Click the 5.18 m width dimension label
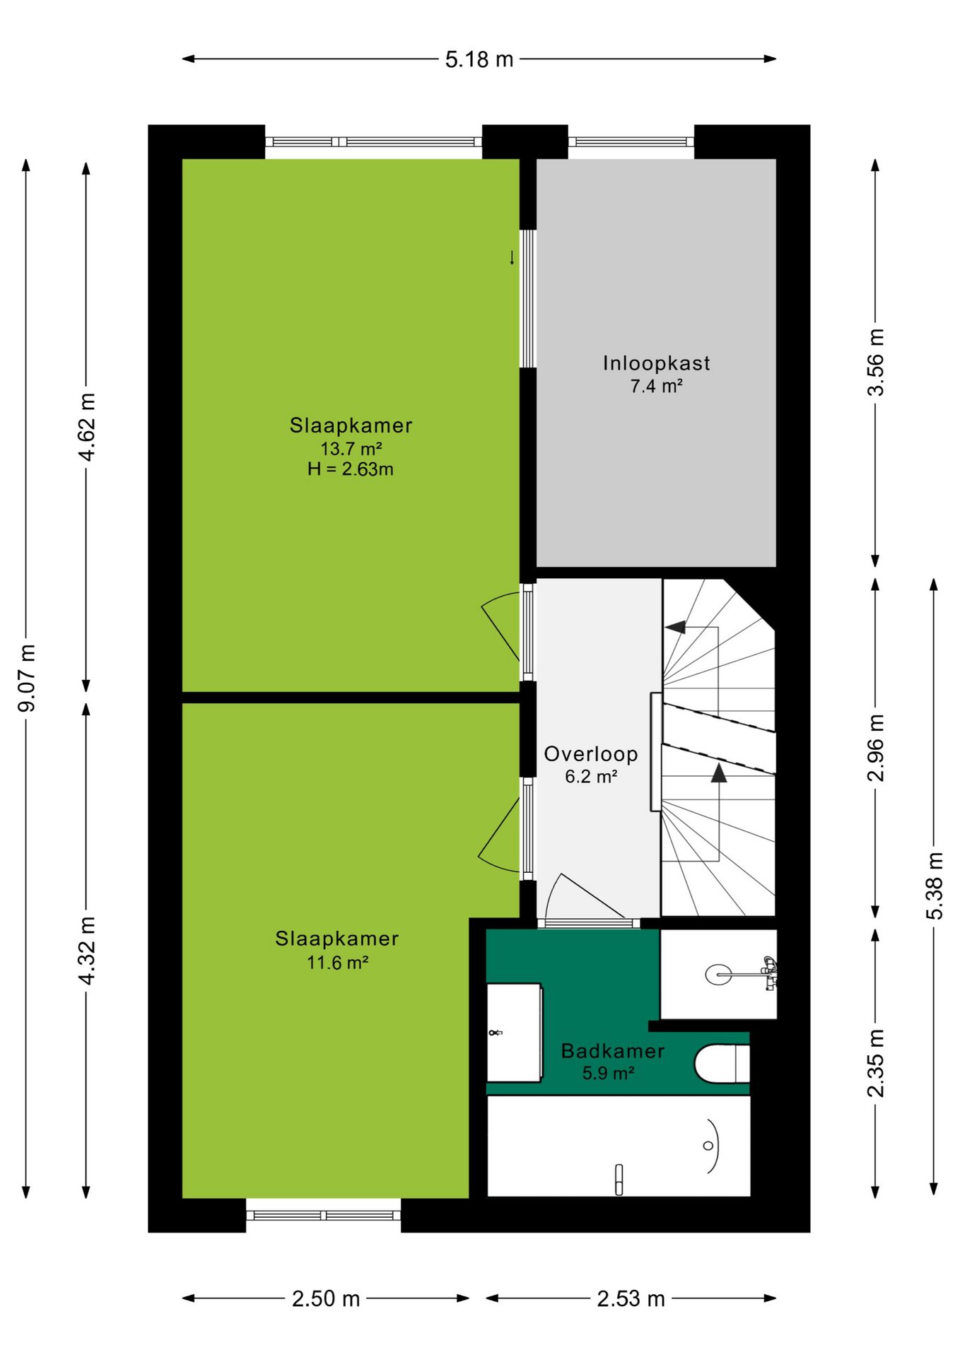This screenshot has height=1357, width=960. point(479,59)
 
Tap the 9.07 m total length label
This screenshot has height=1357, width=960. point(27,678)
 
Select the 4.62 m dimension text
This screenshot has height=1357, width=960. point(86,427)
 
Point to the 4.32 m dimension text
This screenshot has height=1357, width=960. point(86,951)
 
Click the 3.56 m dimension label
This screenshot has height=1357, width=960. point(875,362)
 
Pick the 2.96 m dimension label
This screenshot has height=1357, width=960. point(875,748)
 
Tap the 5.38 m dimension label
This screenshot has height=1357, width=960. point(935,886)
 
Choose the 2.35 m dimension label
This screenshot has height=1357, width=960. point(875,1064)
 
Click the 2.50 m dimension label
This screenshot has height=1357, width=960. point(326,1299)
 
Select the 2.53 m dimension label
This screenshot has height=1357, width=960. point(631,1299)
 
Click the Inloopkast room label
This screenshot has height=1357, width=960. point(656,363)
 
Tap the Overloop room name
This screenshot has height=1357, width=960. point(591,754)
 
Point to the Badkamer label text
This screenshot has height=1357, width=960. point(612,1051)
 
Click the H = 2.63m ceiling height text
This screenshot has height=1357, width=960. point(351,469)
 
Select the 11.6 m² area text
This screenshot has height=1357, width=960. point(337,963)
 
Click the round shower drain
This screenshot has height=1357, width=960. point(718,975)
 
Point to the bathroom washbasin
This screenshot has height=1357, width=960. point(515,1033)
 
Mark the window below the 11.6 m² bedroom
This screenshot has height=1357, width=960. point(324,1216)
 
